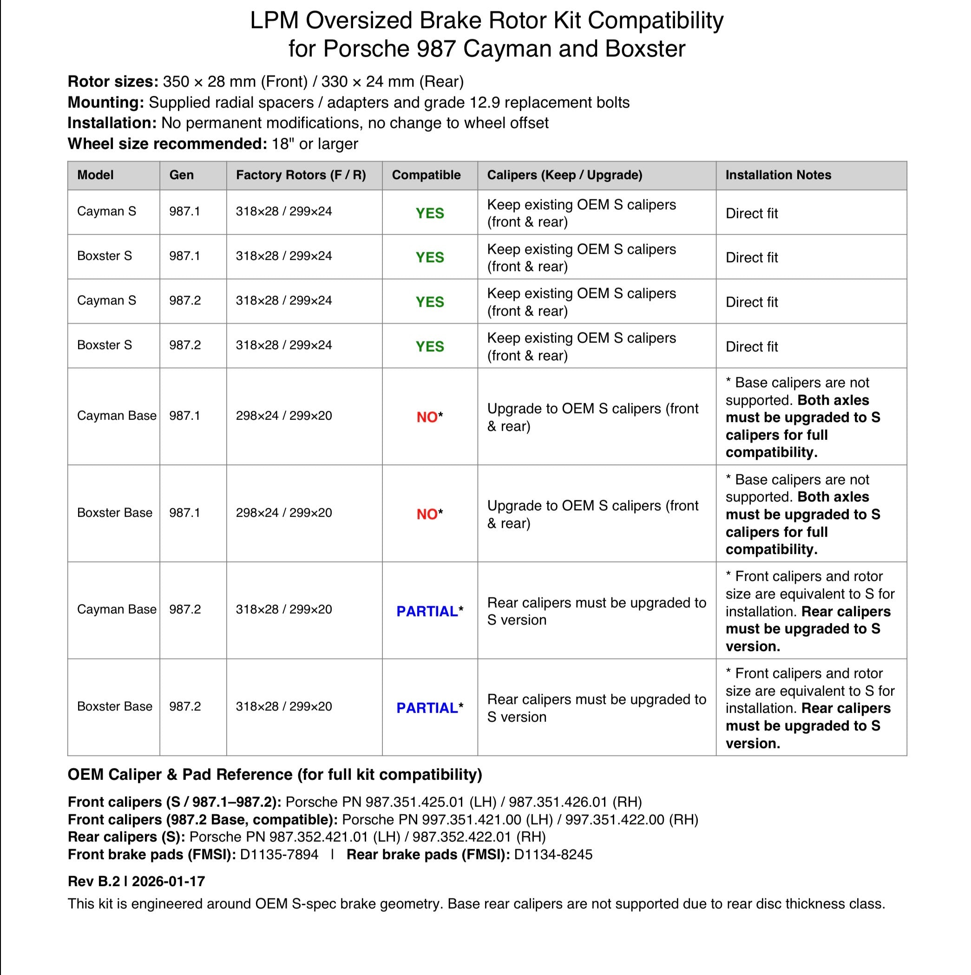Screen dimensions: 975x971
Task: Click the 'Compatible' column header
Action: click(x=426, y=175)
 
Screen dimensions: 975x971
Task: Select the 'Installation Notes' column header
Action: click(x=778, y=175)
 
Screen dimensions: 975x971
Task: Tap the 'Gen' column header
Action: click(x=181, y=175)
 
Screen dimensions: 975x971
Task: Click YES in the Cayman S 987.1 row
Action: click(x=429, y=213)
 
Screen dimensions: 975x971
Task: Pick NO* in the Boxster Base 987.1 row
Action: click(x=429, y=514)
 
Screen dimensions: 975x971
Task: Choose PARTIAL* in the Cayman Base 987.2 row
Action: click(x=429, y=611)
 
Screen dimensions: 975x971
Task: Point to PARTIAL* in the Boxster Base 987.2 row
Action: click(x=429, y=708)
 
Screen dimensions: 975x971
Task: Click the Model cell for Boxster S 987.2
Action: click(x=105, y=345)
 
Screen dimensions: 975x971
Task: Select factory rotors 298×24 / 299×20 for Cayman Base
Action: click(x=283, y=416)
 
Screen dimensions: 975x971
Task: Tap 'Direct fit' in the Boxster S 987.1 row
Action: click(x=751, y=257)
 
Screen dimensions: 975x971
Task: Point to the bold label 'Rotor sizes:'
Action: click(x=113, y=81)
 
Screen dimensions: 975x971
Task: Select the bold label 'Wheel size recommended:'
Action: click(x=167, y=144)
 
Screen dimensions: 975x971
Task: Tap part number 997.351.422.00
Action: click(x=614, y=819)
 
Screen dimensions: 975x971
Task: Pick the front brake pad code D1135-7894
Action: click(x=279, y=854)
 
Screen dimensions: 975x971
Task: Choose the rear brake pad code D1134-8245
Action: click(x=553, y=854)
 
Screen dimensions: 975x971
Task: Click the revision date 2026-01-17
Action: click(x=169, y=881)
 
